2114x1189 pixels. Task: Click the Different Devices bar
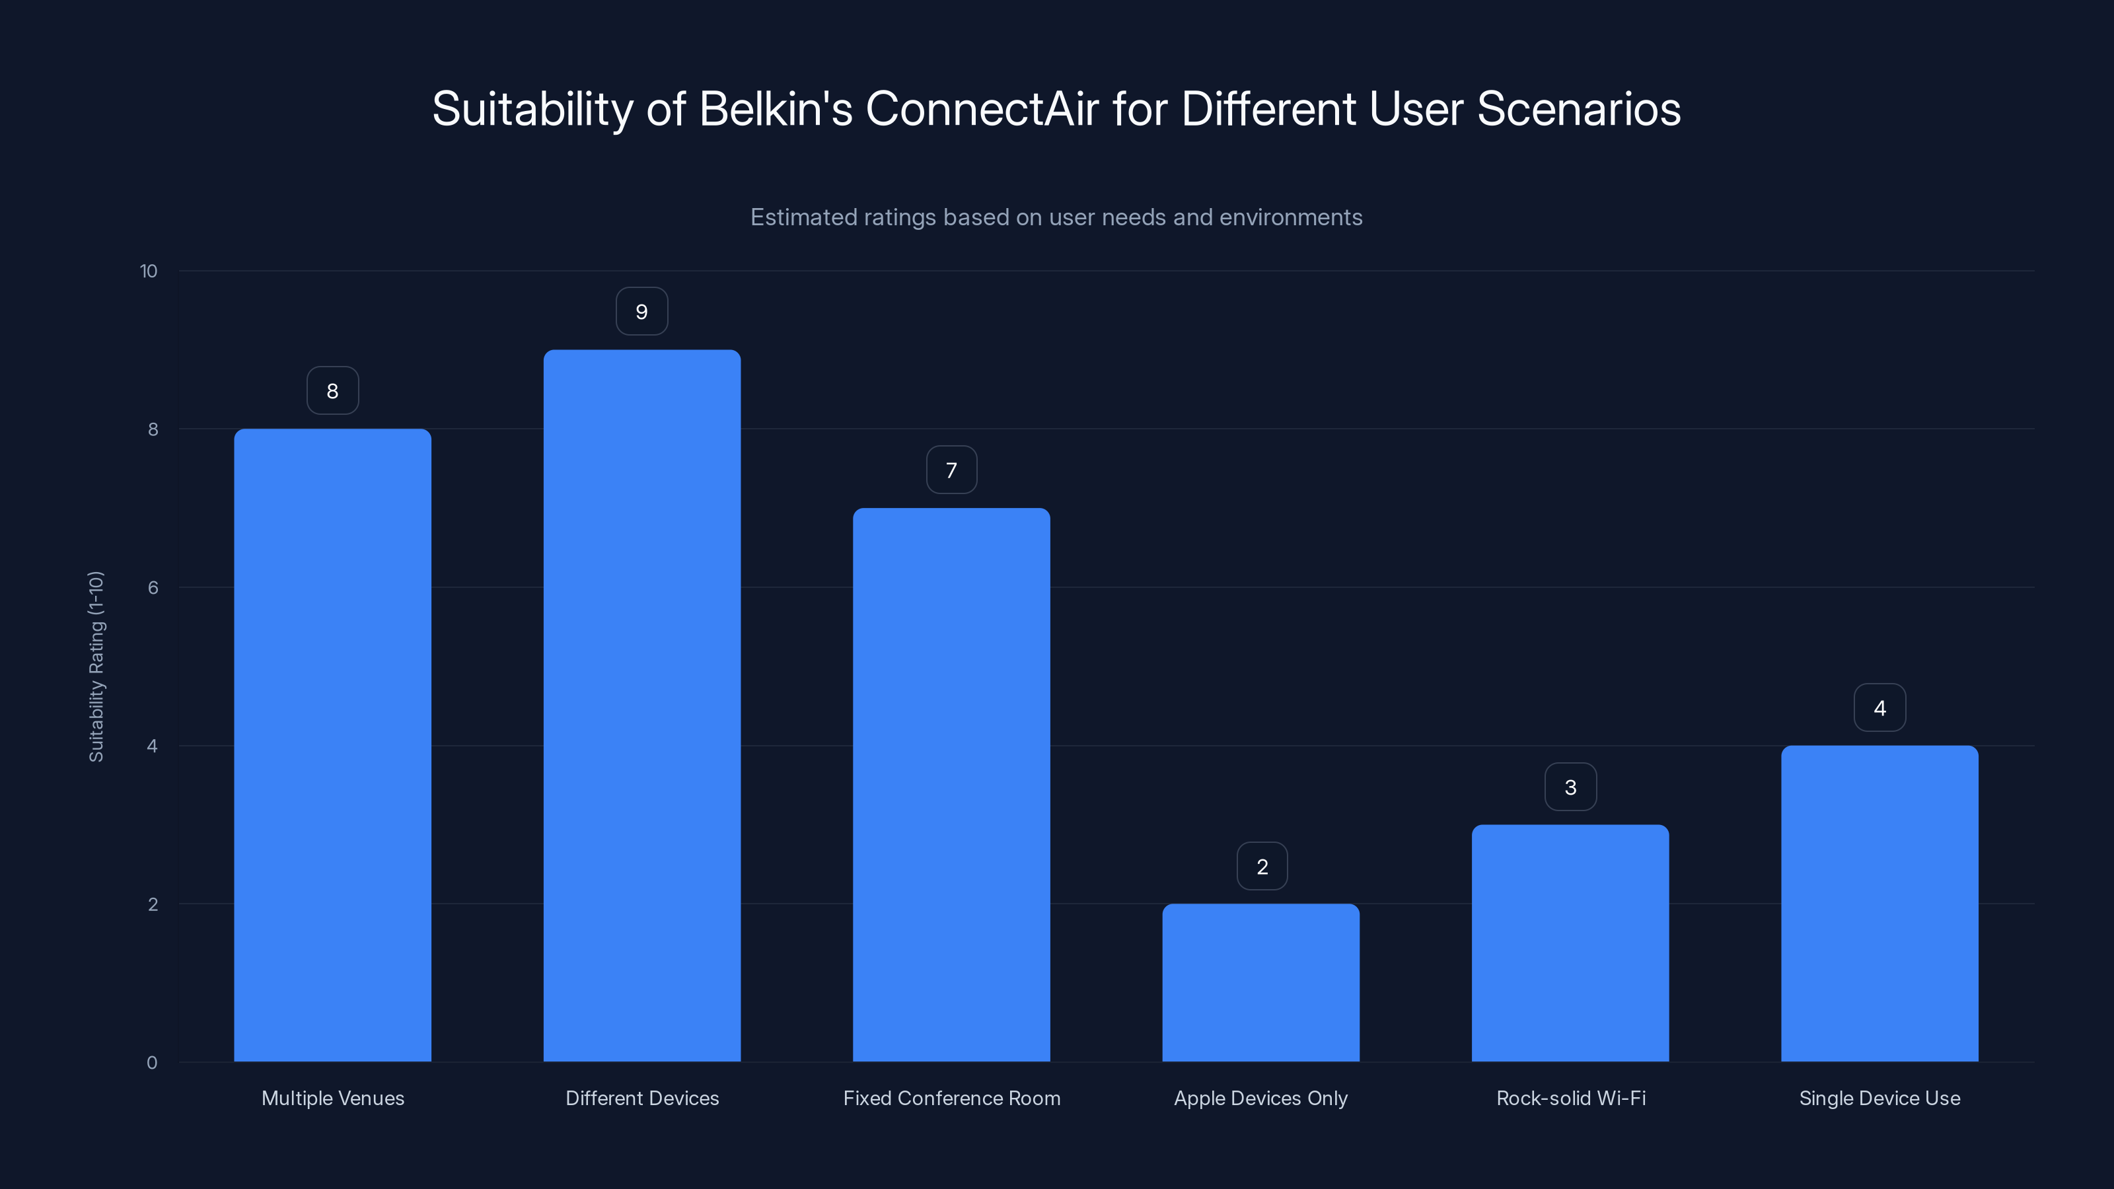(x=641, y=705)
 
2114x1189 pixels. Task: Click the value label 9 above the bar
(x=641, y=312)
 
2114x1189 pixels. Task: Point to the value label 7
(x=951, y=470)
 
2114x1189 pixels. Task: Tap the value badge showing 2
(x=1262, y=867)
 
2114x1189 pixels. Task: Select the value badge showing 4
(x=1879, y=708)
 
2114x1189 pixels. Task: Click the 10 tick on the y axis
(x=149, y=271)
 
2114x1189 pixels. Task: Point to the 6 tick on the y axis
(x=153, y=587)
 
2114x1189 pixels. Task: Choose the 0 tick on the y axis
(x=152, y=1063)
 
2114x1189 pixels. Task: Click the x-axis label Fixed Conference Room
(x=951, y=1098)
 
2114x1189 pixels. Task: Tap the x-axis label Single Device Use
(x=1879, y=1098)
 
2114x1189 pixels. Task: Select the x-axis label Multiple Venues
(x=332, y=1098)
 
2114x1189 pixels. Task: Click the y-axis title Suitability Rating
(x=96, y=667)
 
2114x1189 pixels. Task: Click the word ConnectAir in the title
(x=982, y=109)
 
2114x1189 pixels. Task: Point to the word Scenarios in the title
(x=1578, y=109)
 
